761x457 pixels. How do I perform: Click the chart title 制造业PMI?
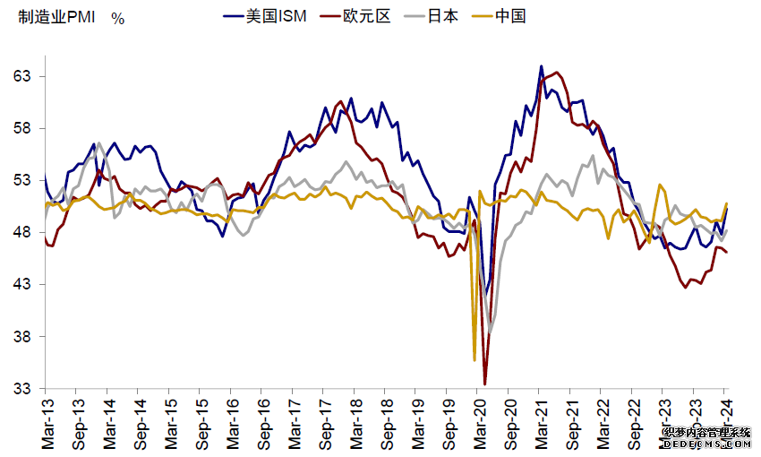55,18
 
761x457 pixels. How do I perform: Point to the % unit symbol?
117,19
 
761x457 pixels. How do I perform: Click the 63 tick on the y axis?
23,76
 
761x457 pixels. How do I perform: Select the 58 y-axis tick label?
23,128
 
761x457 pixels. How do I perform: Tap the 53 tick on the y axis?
23,180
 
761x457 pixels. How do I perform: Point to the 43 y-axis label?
23,285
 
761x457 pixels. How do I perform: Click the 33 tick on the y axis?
23,389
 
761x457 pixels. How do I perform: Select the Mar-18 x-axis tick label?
353,420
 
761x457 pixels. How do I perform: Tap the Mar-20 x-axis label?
477,420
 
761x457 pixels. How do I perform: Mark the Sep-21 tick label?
570,420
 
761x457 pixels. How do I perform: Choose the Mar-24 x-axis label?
725,420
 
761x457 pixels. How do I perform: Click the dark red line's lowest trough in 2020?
485,384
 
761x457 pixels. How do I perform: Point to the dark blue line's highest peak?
541,66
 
